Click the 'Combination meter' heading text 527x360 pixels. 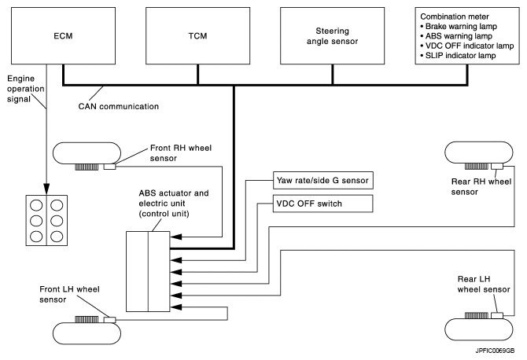(x=459, y=14)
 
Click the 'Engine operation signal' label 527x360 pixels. (x=28, y=90)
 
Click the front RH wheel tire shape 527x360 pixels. (x=86, y=152)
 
